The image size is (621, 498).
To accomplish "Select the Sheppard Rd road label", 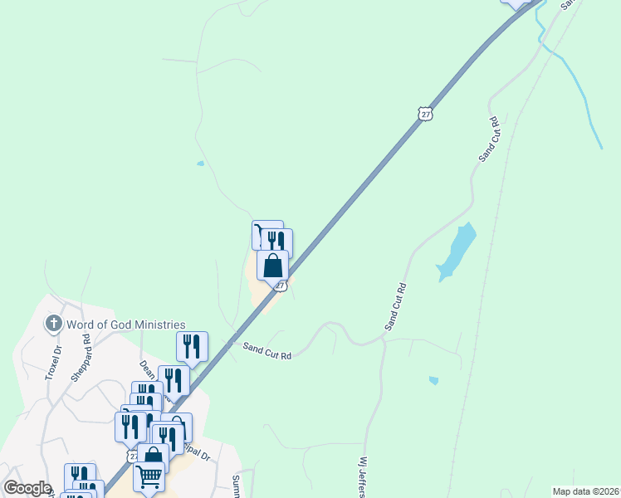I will (81, 359).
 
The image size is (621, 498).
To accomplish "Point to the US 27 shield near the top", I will (426, 115).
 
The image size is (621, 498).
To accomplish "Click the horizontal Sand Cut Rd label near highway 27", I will (267, 353).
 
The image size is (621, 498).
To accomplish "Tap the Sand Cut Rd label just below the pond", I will (395, 308).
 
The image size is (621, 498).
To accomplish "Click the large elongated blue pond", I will (457, 251).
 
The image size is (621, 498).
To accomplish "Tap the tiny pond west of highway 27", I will (200, 164).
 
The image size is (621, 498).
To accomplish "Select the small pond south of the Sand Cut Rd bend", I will (433, 380).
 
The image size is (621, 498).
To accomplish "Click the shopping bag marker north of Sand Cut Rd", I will (272, 266).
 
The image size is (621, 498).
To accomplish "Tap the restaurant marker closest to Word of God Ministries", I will (192, 346).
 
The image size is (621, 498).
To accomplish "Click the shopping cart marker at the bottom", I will (149, 476).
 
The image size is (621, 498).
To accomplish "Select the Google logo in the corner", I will (27, 488).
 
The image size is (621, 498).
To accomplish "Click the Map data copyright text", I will (585, 491).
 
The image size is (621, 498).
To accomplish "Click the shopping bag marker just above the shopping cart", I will (154, 456).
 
